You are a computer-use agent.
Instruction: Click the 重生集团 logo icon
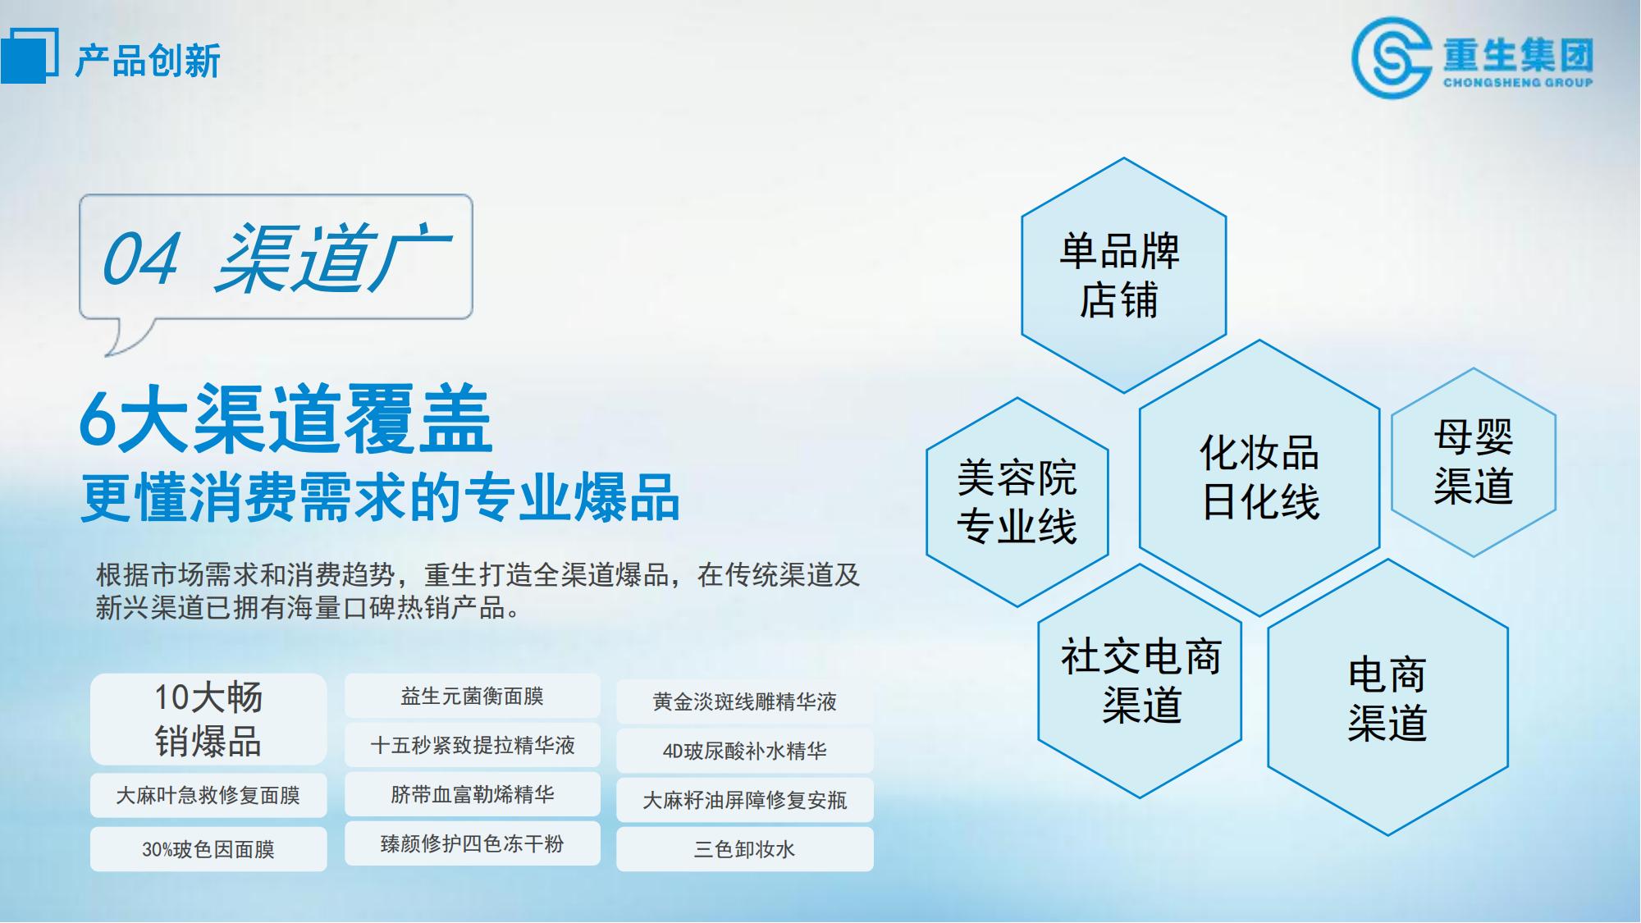[x=1392, y=58]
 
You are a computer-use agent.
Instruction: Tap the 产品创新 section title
[x=148, y=61]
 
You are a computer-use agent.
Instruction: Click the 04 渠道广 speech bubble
[x=276, y=258]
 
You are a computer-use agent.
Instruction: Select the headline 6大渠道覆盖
[x=286, y=419]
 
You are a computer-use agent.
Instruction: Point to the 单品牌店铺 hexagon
[x=1123, y=276]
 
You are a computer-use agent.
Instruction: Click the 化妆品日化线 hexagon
[x=1259, y=477]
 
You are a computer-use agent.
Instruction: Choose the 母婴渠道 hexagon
[x=1474, y=462]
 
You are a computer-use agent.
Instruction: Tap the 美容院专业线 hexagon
[x=1017, y=502]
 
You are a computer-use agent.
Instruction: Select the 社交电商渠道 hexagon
[x=1140, y=680]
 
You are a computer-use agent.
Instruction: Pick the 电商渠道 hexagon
[x=1387, y=697]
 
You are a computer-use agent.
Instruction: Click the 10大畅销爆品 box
[x=208, y=719]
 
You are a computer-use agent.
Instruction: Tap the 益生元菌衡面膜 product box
[x=473, y=696]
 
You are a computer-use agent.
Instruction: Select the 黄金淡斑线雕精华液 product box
[x=745, y=701]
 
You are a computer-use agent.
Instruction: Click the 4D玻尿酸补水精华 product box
[x=745, y=751]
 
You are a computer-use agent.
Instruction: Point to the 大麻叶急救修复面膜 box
[x=208, y=795]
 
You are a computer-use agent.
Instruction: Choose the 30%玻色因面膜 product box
[x=208, y=849]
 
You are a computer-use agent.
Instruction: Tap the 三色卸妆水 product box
[x=745, y=849]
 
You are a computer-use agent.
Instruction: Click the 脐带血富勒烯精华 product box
[x=473, y=794]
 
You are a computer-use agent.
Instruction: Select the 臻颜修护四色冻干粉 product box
[x=473, y=843]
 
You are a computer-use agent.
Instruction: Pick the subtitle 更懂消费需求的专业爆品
[x=381, y=497]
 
